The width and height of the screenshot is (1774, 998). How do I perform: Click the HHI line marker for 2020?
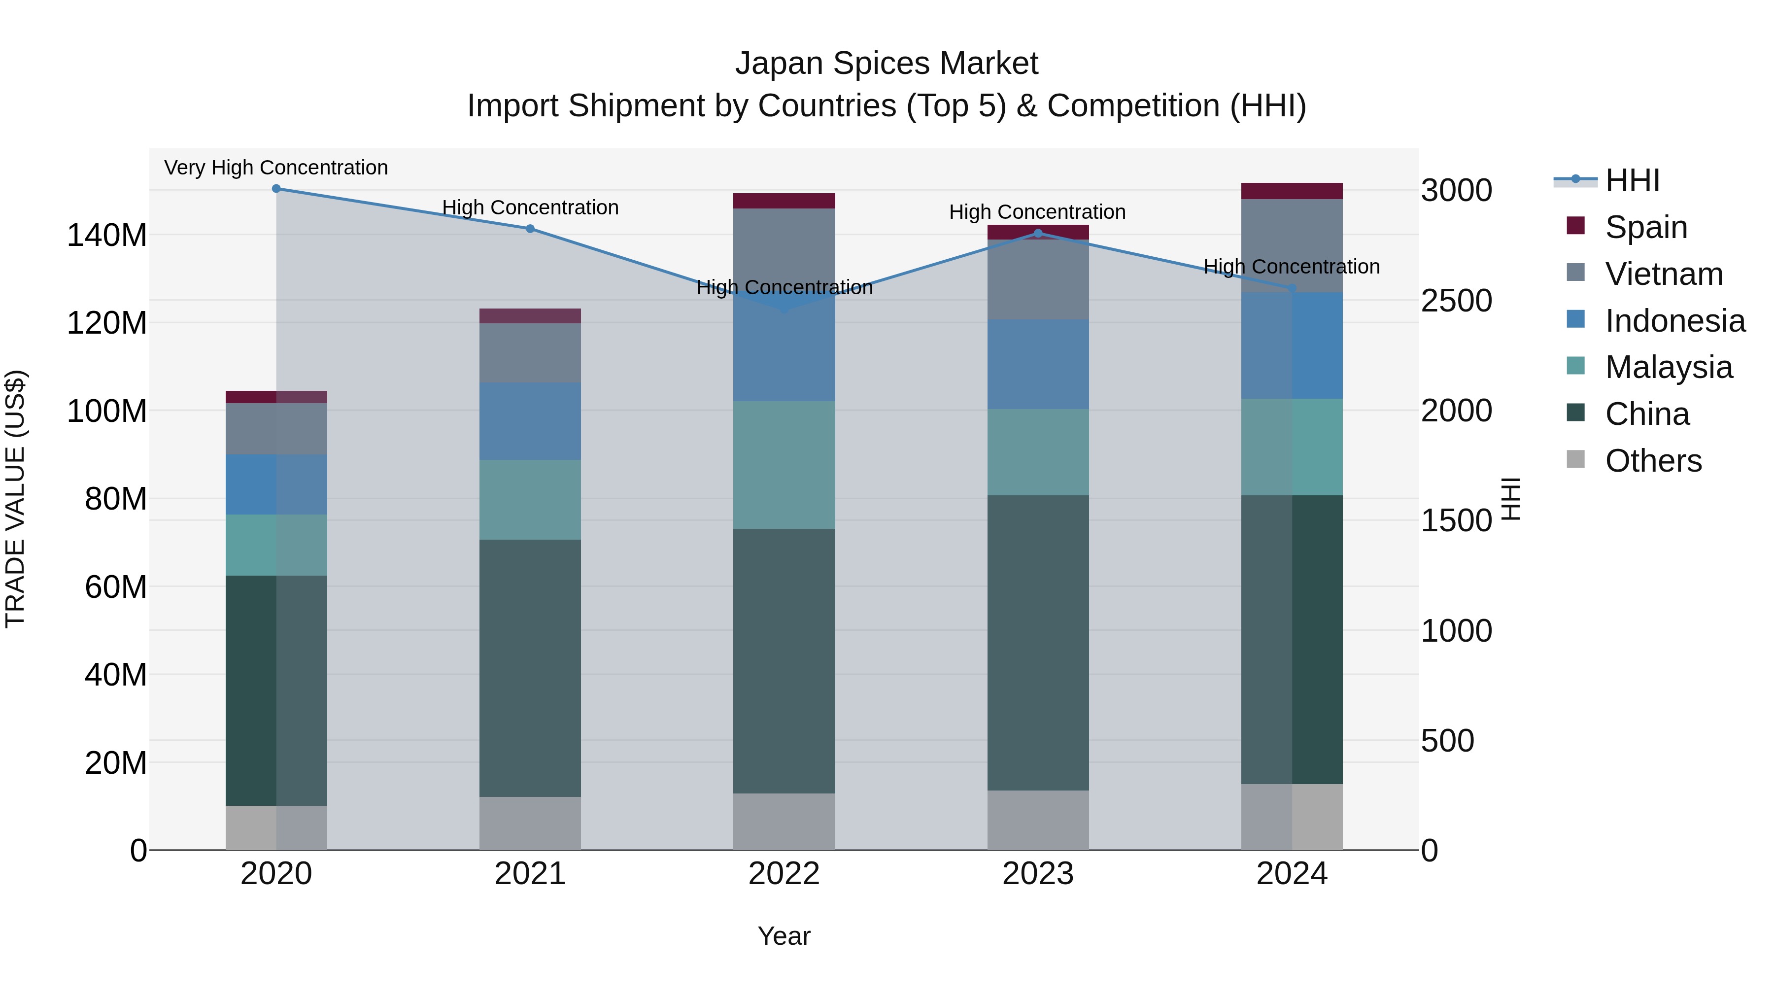pos(276,189)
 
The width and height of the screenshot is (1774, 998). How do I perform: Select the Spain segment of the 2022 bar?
pos(784,201)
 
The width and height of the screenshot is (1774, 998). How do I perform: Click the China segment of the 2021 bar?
pos(530,668)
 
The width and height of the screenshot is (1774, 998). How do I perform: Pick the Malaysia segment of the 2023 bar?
pos(1038,452)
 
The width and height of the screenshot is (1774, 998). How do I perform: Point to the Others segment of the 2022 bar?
pos(784,822)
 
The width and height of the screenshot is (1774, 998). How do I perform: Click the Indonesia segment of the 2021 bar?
pos(530,421)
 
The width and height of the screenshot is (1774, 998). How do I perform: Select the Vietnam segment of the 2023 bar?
pos(1038,279)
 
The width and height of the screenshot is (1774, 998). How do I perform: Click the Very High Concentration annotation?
pos(276,168)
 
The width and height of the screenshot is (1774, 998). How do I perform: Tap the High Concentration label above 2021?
pos(530,208)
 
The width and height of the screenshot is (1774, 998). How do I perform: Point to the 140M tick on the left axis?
pos(107,236)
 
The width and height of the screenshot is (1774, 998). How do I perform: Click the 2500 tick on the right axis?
pos(1456,301)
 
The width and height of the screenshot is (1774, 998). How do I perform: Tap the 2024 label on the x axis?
pos(1291,874)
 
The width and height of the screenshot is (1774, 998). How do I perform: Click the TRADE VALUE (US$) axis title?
pos(16,499)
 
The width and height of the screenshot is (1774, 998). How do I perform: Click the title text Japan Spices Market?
pos(887,64)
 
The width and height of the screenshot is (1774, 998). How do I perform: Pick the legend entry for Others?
pos(1653,461)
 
